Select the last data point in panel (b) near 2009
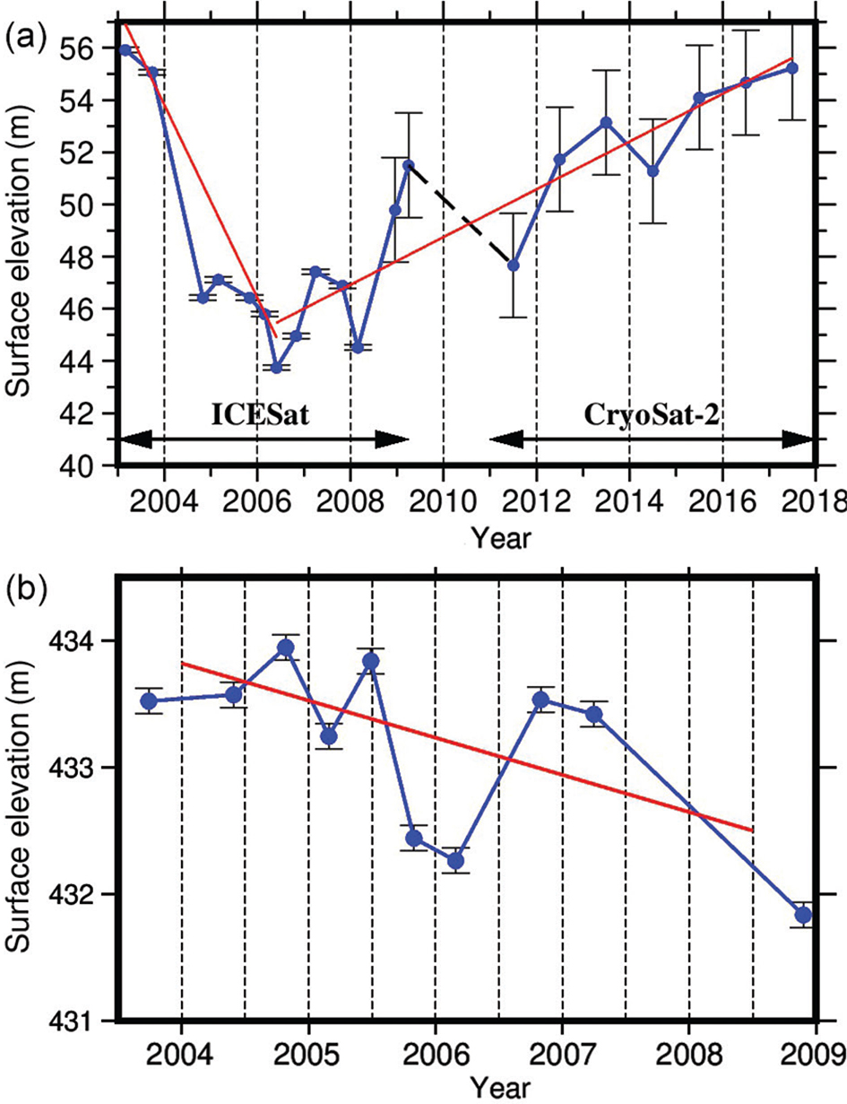click(x=803, y=915)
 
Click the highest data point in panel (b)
click(x=286, y=648)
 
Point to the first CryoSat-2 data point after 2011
click(x=513, y=265)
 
